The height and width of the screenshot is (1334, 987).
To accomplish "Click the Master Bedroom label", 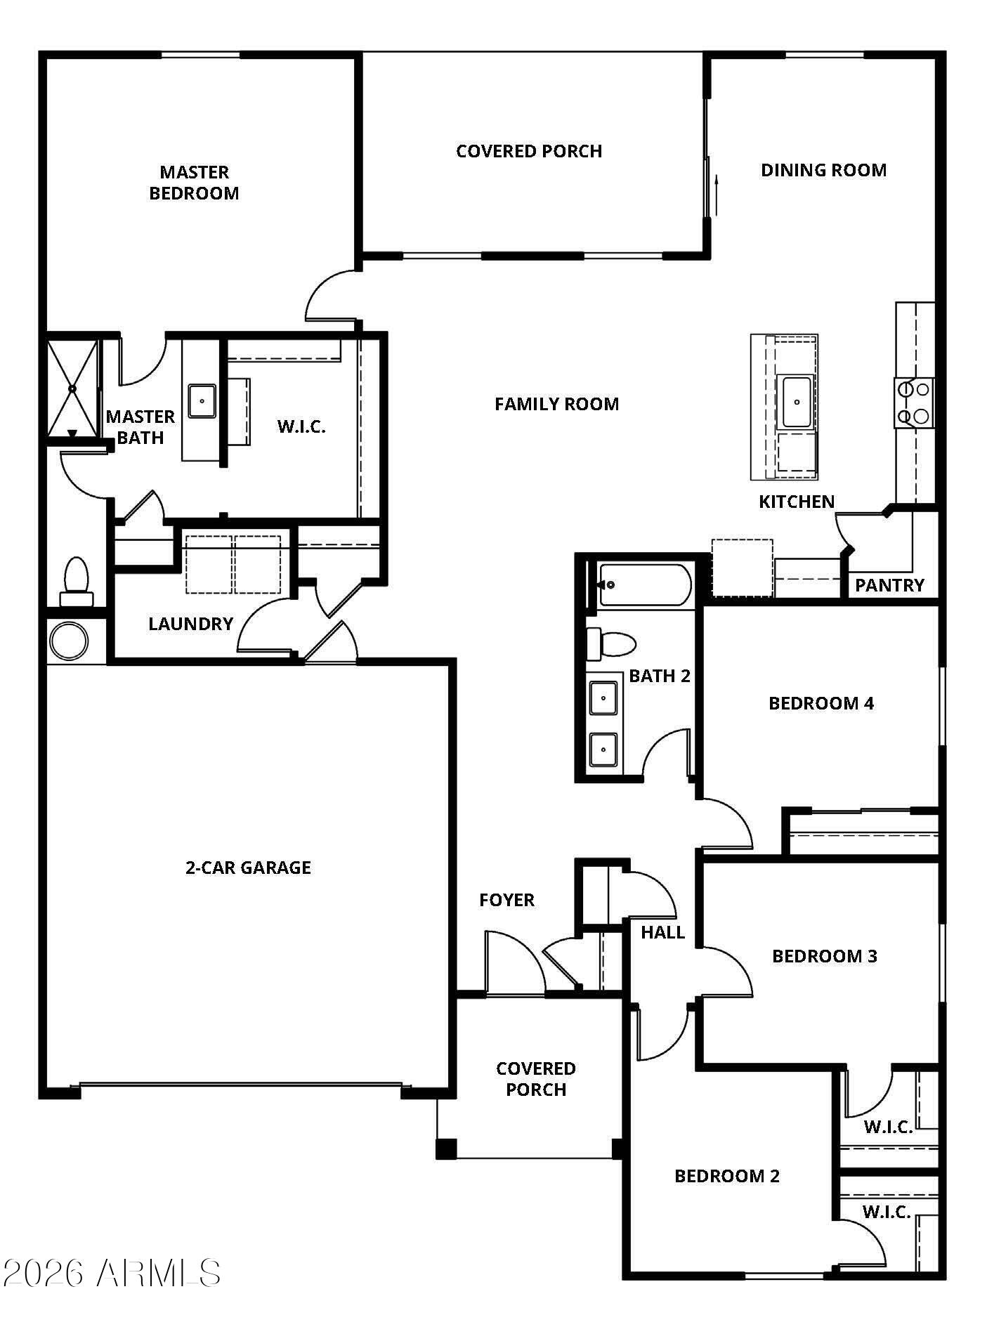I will pos(194,183).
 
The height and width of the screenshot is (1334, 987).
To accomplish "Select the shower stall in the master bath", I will pos(72,388).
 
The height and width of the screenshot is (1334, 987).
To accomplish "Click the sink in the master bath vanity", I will pos(202,401).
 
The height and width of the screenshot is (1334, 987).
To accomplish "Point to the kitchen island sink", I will pos(797,402).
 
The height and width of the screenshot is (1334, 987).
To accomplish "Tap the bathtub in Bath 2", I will pos(643,584).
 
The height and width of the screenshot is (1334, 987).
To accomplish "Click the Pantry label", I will pos(889,585).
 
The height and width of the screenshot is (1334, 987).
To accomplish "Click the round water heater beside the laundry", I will pos(69,641).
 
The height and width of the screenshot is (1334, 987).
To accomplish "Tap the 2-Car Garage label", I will pos(248,868).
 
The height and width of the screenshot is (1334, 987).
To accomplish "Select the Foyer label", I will pos(506,900).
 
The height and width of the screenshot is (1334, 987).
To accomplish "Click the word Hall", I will pos(662,932).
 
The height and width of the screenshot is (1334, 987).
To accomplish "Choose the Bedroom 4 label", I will pos(821,703).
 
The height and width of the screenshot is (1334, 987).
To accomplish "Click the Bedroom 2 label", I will pos(727,1176).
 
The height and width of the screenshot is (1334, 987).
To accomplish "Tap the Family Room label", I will pos(556,404).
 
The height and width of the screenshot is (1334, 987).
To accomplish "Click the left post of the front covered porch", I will pos(445,1148).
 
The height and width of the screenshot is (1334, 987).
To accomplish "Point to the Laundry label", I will pos(190,624).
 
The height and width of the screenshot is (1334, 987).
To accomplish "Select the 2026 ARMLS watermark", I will pos(111,1274).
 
